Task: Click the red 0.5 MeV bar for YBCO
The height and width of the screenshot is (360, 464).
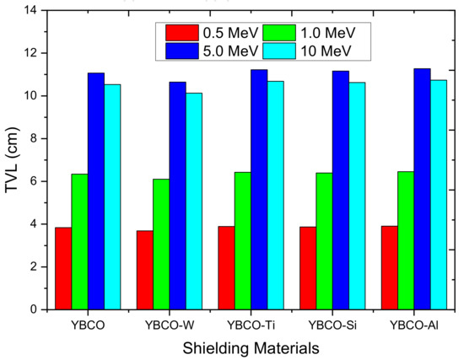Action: [x=62, y=268]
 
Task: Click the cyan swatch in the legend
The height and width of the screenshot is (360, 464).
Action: [x=281, y=51]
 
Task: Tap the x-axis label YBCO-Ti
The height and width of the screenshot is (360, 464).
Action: [x=241, y=324]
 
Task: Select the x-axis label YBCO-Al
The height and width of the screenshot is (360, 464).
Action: [x=403, y=324]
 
